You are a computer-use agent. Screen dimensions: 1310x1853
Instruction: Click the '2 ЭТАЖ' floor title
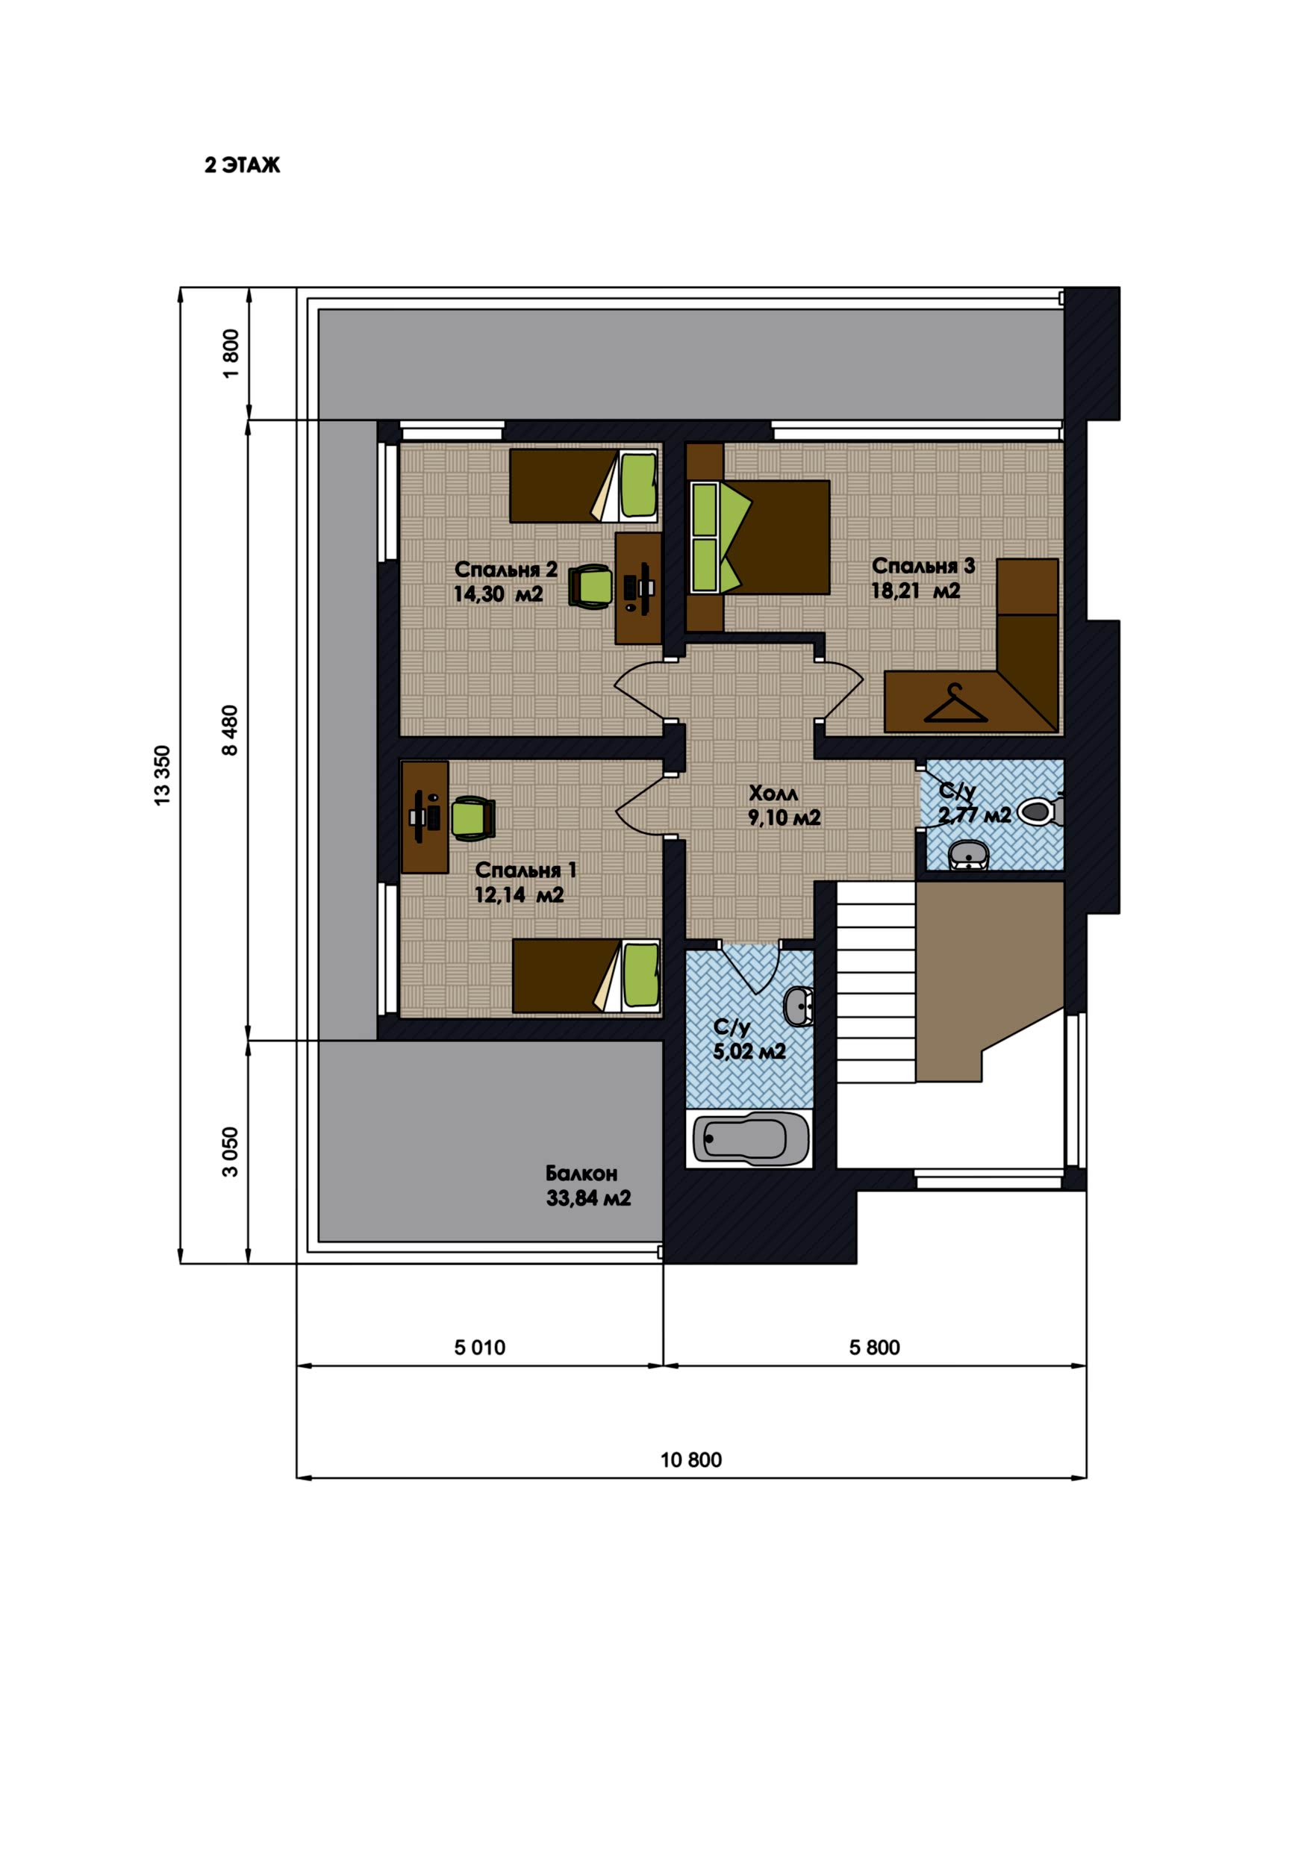click(242, 165)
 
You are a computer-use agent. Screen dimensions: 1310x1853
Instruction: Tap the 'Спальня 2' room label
click(505, 569)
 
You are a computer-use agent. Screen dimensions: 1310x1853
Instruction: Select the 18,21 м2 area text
click(915, 591)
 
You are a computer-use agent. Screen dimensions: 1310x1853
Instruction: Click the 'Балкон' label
click(581, 1173)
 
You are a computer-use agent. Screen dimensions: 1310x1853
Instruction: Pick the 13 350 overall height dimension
click(162, 776)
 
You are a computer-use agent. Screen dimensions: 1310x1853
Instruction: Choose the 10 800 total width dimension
click(691, 1459)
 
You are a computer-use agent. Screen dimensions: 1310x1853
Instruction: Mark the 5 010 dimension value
click(479, 1347)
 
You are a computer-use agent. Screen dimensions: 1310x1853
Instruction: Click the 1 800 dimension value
click(231, 353)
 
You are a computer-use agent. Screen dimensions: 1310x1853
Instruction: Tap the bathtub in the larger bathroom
click(751, 1139)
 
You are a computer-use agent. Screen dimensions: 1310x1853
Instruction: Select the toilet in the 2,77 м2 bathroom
click(1041, 810)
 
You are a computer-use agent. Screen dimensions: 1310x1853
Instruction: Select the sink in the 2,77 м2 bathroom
click(969, 855)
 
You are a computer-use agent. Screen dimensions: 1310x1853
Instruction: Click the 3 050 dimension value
click(231, 1152)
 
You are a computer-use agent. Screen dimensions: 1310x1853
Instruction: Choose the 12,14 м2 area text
click(519, 894)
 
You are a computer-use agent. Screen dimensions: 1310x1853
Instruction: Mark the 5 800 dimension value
click(874, 1347)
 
